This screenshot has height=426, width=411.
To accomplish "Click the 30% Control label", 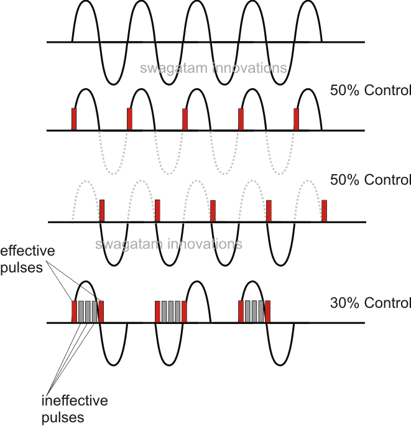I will point(371,303).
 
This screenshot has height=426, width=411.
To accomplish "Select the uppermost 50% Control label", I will point(371,90).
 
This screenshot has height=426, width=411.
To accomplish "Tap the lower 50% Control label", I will point(371,180).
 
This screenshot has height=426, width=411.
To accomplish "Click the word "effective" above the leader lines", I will point(28,252).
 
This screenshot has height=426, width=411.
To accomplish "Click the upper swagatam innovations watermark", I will point(214,68).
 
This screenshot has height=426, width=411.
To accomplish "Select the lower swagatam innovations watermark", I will point(169,243).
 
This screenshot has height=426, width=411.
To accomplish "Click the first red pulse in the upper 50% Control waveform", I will point(74,119).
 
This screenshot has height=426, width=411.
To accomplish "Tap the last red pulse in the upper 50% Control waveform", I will point(296,119).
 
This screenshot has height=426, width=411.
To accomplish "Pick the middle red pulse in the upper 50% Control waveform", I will point(185,119).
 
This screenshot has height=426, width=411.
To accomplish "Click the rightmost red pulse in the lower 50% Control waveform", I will point(324,210).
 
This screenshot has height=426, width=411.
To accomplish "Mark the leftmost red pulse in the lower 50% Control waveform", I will point(102,210).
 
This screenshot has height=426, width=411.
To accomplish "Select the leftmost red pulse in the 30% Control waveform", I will point(75,312).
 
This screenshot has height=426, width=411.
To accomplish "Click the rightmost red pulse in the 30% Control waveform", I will point(268,312).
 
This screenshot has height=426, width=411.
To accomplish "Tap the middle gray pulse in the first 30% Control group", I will point(88,312).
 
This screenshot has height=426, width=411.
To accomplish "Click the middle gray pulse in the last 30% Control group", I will point(254,312).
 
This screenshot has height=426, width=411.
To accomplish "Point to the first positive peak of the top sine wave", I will point(87,2).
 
